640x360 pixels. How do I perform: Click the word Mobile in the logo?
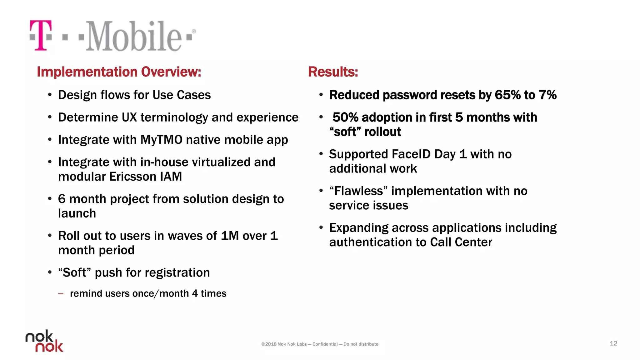(x=133, y=36)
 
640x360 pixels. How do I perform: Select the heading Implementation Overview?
(x=119, y=72)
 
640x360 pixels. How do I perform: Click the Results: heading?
(x=333, y=72)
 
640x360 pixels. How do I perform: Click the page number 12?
(x=613, y=343)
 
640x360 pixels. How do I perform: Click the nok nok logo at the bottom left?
(x=44, y=341)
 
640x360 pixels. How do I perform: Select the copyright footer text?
(x=319, y=344)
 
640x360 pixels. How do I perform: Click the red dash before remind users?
(x=61, y=294)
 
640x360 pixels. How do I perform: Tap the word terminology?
(x=174, y=117)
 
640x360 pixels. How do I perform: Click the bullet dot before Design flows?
(x=50, y=95)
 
